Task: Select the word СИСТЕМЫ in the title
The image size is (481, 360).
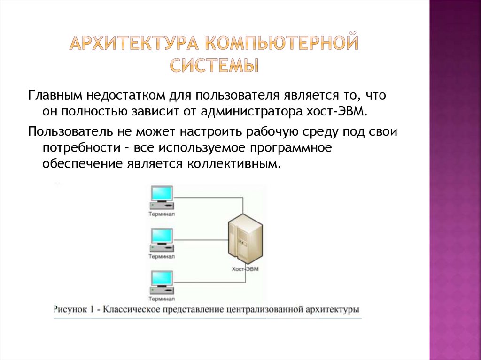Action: click(214, 65)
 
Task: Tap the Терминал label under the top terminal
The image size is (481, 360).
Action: click(161, 214)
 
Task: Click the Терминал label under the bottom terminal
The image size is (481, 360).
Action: click(161, 299)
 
